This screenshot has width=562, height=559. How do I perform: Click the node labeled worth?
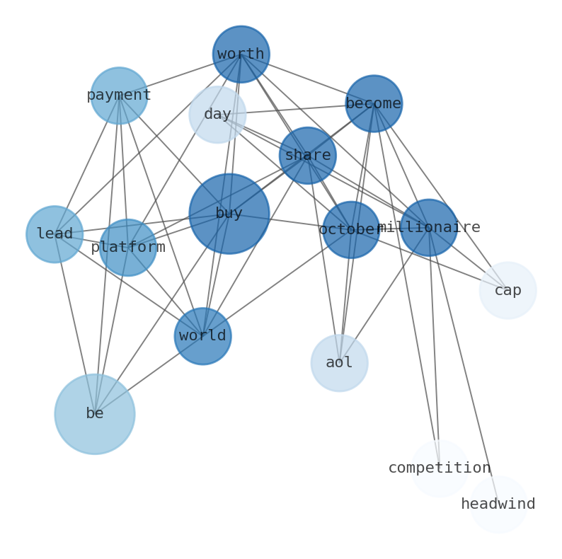(241, 54)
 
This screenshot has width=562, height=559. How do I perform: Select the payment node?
(119, 96)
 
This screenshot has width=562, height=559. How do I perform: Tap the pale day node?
(217, 115)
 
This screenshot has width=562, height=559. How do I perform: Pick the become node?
(374, 104)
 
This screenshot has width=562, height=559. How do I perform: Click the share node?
(307, 156)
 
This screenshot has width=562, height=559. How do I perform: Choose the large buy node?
(229, 214)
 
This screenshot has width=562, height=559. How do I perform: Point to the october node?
(350, 230)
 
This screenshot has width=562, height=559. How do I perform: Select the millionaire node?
(428, 228)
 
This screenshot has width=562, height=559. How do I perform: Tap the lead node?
(55, 234)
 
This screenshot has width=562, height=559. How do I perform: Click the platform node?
(127, 248)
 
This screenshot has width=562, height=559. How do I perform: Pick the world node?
(202, 336)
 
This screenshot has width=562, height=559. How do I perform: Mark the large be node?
(95, 414)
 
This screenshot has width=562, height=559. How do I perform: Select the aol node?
(339, 363)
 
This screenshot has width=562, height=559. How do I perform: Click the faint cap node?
(507, 291)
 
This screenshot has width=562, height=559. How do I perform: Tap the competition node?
(439, 468)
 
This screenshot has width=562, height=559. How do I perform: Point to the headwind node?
(498, 505)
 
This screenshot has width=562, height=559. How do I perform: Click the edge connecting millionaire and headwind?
(463, 365)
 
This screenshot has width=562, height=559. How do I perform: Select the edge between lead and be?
(74, 323)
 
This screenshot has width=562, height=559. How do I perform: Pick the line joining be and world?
(149, 375)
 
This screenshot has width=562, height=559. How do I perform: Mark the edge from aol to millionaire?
(384, 296)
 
